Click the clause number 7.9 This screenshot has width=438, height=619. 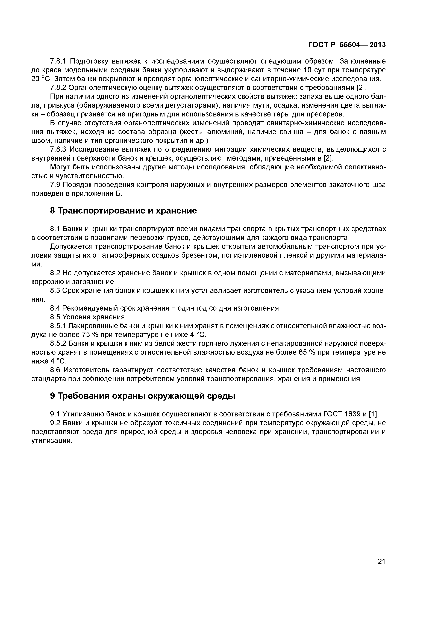[56, 185]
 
